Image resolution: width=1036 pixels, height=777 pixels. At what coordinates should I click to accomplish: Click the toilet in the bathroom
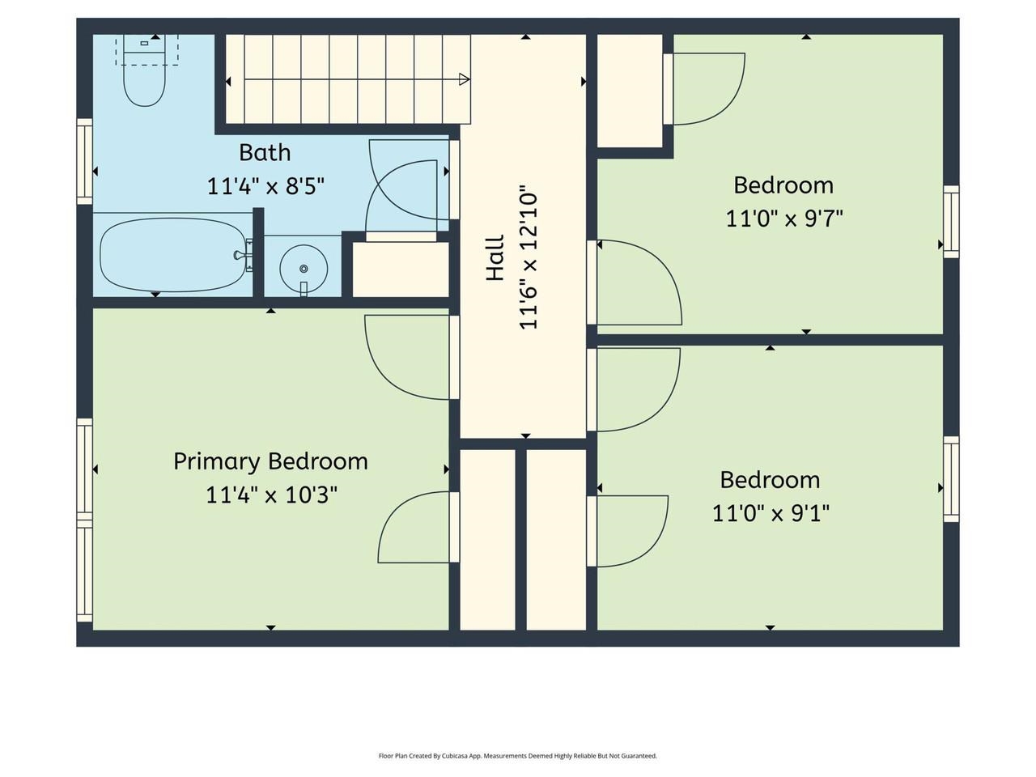pyautogui.click(x=145, y=79)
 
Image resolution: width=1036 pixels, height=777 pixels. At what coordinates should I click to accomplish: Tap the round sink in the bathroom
pyautogui.click(x=304, y=267)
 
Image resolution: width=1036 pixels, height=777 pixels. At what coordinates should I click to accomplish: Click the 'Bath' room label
pyautogui.click(x=265, y=152)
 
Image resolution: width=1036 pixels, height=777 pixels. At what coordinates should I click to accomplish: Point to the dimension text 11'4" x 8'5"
pyautogui.click(x=265, y=186)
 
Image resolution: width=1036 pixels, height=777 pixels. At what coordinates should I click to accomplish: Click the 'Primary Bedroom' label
pyautogui.click(x=270, y=461)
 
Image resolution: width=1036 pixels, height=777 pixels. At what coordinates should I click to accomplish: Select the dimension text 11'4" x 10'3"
pyautogui.click(x=271, y=495)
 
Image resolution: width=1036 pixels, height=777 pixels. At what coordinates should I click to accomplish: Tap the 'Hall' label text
pyautogui.click(x=495, y=258)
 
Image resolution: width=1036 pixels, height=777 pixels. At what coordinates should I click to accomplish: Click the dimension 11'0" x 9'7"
pyautogui.click(x=783, y=219)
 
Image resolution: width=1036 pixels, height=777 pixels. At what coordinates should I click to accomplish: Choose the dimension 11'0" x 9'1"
pyautogui.click(x=771, y=513)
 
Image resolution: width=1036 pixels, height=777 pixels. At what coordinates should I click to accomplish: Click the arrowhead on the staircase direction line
pyautogui.click(x=464, y=79)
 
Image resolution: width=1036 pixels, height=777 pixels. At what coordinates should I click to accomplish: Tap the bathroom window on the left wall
pyautogui.click(x=84, y=161)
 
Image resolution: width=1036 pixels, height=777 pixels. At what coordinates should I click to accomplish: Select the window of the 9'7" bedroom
pyautogui.click(x=951, y=222)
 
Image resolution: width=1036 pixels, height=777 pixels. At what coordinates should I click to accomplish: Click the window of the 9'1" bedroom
pyautogui.click(x=951, y=479)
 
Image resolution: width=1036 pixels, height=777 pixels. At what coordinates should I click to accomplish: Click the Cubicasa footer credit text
pyautogui.click(x=518, y=756)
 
